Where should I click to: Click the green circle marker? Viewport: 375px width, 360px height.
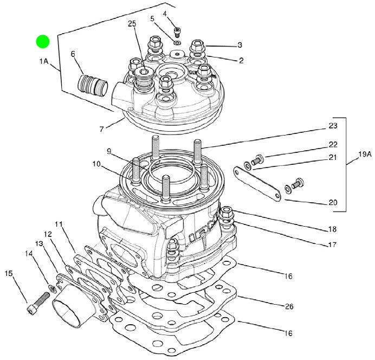[x=43, y=41]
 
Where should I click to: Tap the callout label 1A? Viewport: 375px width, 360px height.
[x=44, y=61]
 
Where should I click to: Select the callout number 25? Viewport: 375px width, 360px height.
[x=132, y=24]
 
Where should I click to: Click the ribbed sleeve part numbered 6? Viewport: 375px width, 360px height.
[x=93, y=85]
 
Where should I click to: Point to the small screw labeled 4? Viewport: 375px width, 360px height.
[x=177, y=33]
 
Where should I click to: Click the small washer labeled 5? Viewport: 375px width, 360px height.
[x=177, y=43]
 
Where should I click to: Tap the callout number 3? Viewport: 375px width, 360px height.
[x=240, y=45]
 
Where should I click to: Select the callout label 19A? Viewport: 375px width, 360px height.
[x=365, y=155]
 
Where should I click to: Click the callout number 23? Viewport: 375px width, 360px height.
[x=333, y=126]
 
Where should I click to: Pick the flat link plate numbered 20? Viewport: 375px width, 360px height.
[x=257, y=183]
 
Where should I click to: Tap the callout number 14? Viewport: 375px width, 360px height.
[x=29, y=254]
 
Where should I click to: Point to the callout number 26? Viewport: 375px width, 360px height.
[x=289, y=306]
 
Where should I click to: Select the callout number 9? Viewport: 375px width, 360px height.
[x=109, y=151]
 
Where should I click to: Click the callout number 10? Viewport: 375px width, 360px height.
[x=96, y=164]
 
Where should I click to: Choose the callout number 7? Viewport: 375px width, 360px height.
[x=102, y=130]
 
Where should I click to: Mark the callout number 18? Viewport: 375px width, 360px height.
[x=332, y=229]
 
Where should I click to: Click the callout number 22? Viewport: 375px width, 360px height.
[x=333, y=144]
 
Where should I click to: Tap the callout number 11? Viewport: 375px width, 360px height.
[x=59, y=224]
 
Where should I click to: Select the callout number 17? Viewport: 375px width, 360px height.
[x=332, y=245]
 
